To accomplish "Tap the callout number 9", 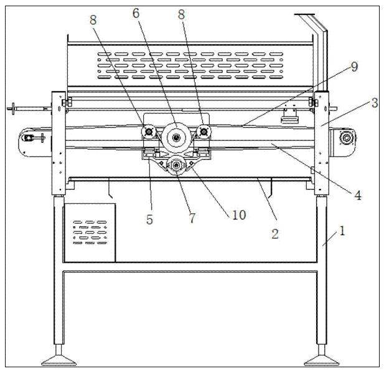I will click(x=354, y=67).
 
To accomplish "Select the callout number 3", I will click(x=374, y=103).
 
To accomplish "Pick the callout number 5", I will click(x=149, y=219).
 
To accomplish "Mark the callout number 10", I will click(x=239, y=215).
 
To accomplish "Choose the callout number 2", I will click(x=274, y=234).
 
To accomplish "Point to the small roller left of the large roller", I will click(x=149, y=132).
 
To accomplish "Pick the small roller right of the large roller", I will click(x=203, y=131).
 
